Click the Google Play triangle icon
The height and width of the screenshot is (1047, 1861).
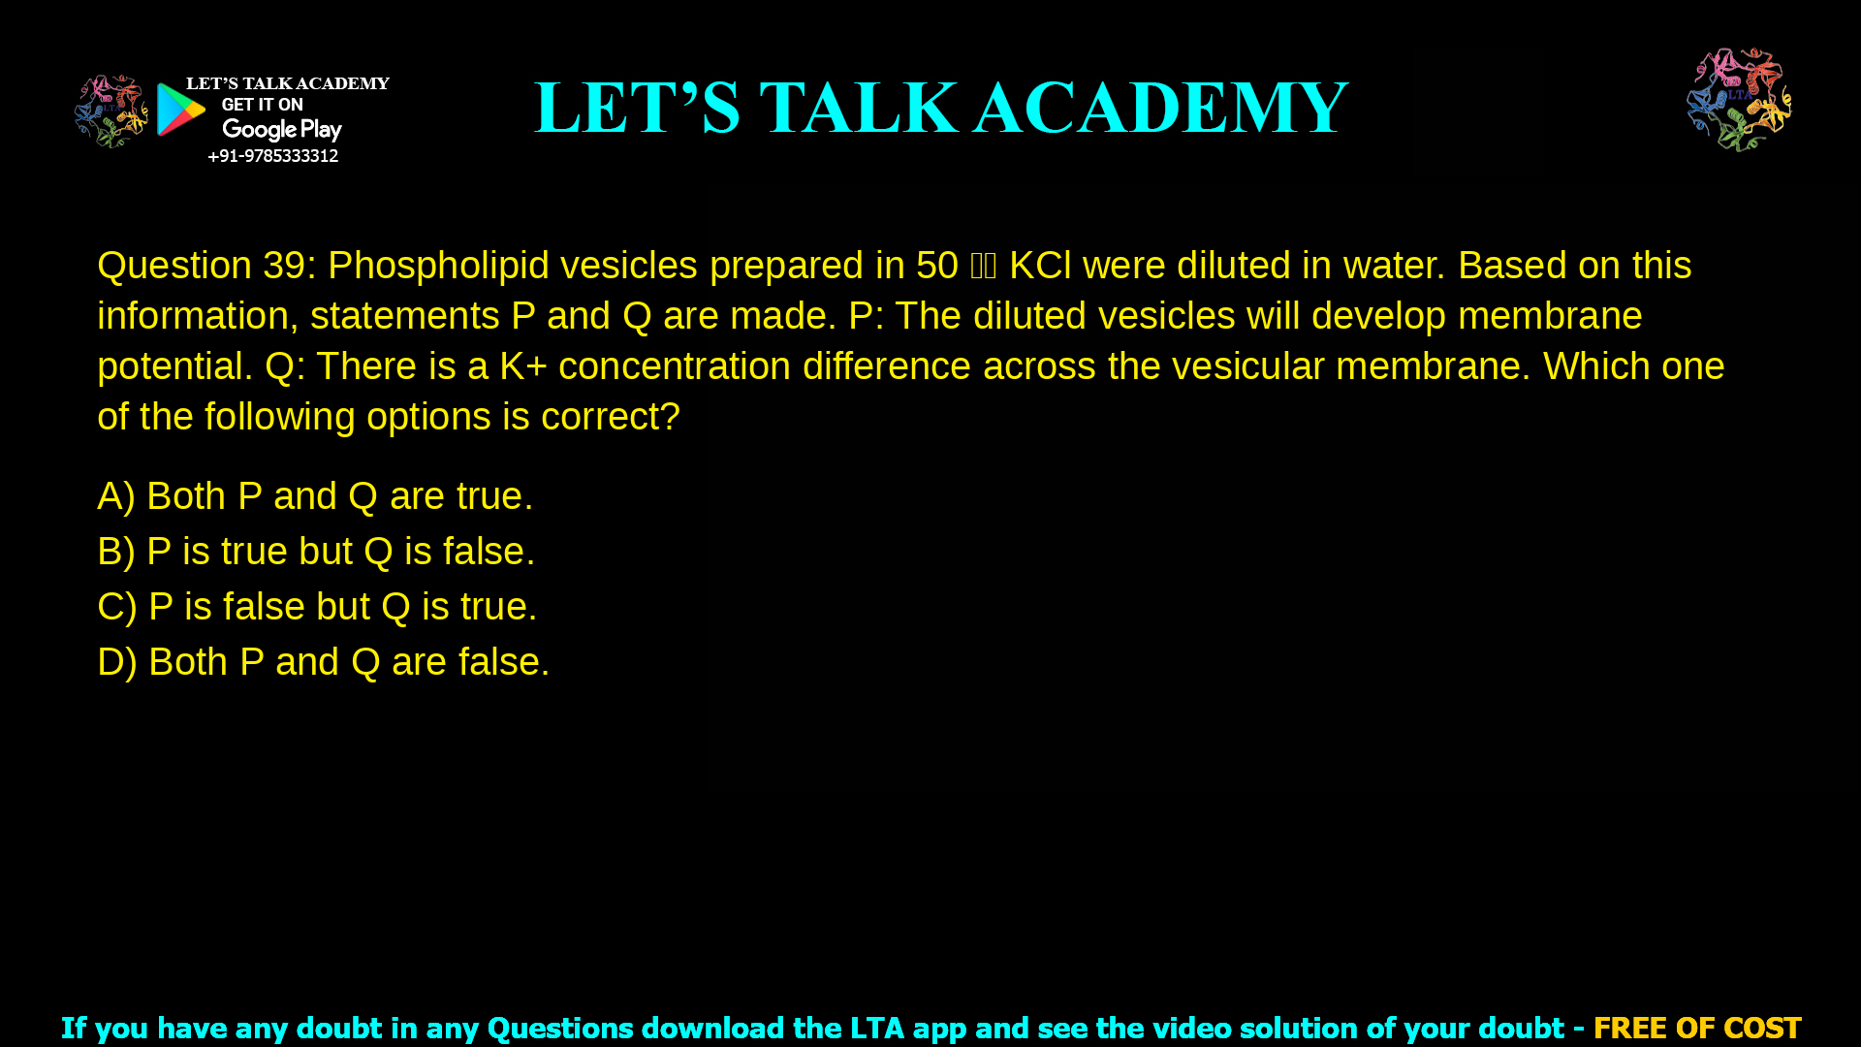click(181, 110)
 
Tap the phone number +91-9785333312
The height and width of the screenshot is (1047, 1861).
click(273, 156)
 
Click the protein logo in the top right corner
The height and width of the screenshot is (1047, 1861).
click(1739, 100)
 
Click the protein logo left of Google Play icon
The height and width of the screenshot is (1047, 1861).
click(110, 111)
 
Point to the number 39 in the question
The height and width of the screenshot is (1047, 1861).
click(284, 266)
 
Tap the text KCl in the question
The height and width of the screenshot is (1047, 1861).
click(1040, 266)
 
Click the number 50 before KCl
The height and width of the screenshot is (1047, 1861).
click(936, 266)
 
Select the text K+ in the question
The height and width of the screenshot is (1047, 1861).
click(522, 366)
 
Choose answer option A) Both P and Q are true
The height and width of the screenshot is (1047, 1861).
click(315, 496)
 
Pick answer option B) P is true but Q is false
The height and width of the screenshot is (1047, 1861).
click(316, 552)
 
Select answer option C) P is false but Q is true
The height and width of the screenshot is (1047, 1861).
click(317, 607)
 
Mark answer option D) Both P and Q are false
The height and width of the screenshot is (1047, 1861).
click(324, 662)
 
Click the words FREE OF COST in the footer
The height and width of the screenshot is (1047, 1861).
click(1697, 1028)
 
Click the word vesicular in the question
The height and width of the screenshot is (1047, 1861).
click(1247, 366)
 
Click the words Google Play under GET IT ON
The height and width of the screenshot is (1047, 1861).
click(282, 130)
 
